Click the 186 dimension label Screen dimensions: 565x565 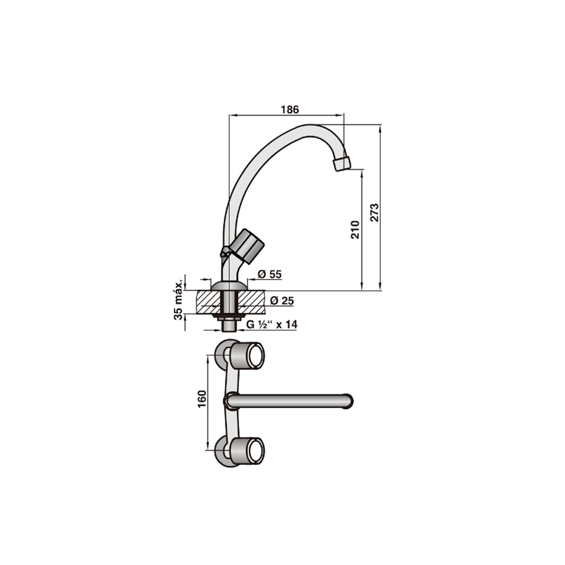coord(290,109)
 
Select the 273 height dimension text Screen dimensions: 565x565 coord(375,212)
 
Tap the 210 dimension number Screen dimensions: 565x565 coord(355,229)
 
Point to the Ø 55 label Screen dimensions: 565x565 coord(269,274)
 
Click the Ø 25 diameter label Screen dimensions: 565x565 coord(282,300)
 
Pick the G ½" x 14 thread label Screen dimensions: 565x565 coord(272,325)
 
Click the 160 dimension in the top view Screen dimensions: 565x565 coord(202,399)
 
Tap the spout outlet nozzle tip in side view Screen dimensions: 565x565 coord(342,163)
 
